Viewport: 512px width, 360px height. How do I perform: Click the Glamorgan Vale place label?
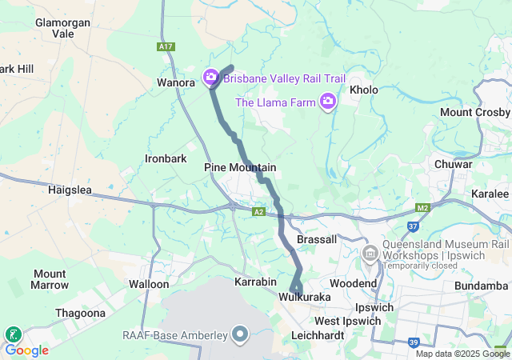[x=62, y=28]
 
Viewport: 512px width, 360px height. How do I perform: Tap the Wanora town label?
[x=176, y=82]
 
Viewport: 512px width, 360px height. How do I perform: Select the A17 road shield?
[x=166, y=47]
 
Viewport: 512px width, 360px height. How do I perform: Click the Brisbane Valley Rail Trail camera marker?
[x=211, y=78]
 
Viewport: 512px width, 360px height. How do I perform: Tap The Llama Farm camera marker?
[x=327, y=101]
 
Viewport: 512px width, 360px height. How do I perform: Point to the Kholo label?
[x=364, y=90]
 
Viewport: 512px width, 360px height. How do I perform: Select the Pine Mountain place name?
[x=240, y=167]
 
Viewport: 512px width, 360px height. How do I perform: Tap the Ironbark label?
[x=166, y=158]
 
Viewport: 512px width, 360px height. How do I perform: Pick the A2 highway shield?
[x=258, y=212]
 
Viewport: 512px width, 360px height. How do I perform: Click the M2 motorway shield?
[x=423, y=208]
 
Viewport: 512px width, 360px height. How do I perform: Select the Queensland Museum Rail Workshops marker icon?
[x=370, y=254]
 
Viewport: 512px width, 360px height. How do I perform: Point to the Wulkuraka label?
[x=305, y=297]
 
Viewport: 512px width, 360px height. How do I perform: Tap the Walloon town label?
[x=149, y=284]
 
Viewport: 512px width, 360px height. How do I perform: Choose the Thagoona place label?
[x=81, y=313]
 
